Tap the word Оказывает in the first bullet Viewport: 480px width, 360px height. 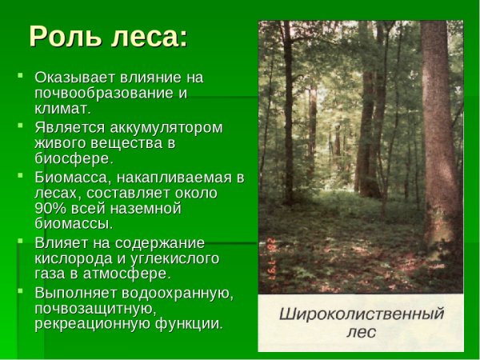(x=76, y=78)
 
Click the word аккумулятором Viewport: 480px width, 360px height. (x=162, y=127)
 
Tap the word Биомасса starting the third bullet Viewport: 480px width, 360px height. (x=71, y=178)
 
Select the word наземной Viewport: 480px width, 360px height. (x=148, y=208)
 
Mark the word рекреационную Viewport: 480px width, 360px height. (x=86, y=323)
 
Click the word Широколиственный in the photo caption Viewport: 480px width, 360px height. (x=360, y=314)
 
